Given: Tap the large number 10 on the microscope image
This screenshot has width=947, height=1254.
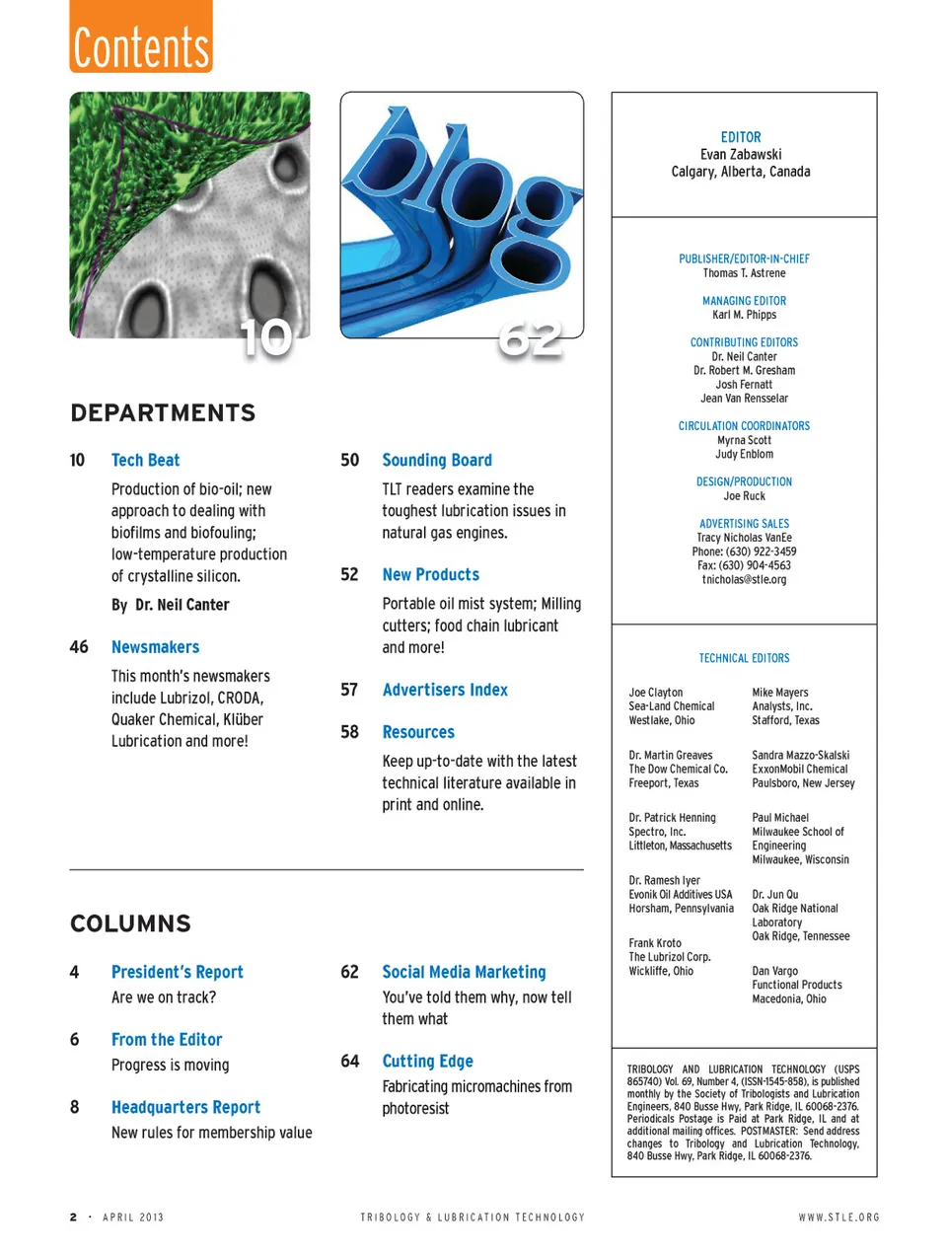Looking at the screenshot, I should point(266,338).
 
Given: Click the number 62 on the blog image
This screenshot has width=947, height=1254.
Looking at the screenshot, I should point(531,339).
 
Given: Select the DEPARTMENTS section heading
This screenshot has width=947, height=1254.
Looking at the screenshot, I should point(163,412).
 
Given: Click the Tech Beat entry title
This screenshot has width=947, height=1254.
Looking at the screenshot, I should point(145,460).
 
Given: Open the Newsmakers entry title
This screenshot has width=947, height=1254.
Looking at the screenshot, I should point(155,647).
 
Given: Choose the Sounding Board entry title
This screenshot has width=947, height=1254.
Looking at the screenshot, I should point(437,460).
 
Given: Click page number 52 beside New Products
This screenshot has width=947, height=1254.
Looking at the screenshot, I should point(349,574).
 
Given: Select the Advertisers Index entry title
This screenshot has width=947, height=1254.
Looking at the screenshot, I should point(445,690).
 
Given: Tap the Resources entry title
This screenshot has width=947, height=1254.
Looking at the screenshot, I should point(418,732).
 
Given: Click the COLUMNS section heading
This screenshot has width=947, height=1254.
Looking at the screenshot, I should point(130,923).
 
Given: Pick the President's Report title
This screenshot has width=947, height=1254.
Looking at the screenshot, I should point(177,972).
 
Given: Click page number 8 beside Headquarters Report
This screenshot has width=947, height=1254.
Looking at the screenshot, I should point(74,1107).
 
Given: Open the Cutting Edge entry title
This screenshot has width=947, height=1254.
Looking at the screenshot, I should point(427,1061).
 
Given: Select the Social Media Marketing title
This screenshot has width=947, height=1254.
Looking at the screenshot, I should point(464,972).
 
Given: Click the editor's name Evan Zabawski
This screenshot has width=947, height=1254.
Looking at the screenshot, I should point(741,154).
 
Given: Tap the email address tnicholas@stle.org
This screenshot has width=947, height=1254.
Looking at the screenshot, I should point(744,580).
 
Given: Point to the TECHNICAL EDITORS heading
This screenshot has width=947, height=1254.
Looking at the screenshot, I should point(744,658).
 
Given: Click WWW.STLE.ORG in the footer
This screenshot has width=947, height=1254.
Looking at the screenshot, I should point(838,1217).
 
